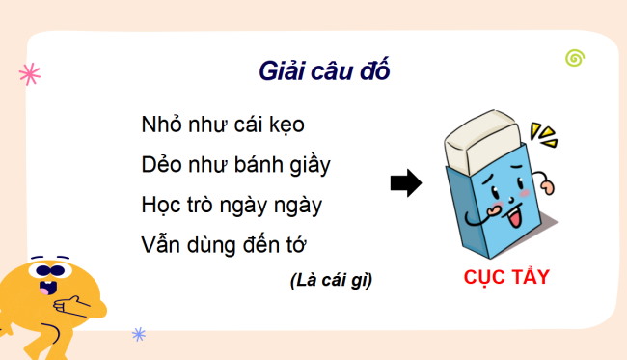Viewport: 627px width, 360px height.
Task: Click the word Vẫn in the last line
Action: point(162,244)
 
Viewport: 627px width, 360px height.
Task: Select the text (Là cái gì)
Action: point(330,281)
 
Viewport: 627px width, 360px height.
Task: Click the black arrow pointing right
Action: point(406,183)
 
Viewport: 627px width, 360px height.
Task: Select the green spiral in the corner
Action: point(575,59)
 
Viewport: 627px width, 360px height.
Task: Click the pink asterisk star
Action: point(30,74)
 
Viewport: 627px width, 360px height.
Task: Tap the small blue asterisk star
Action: point(139,335)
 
